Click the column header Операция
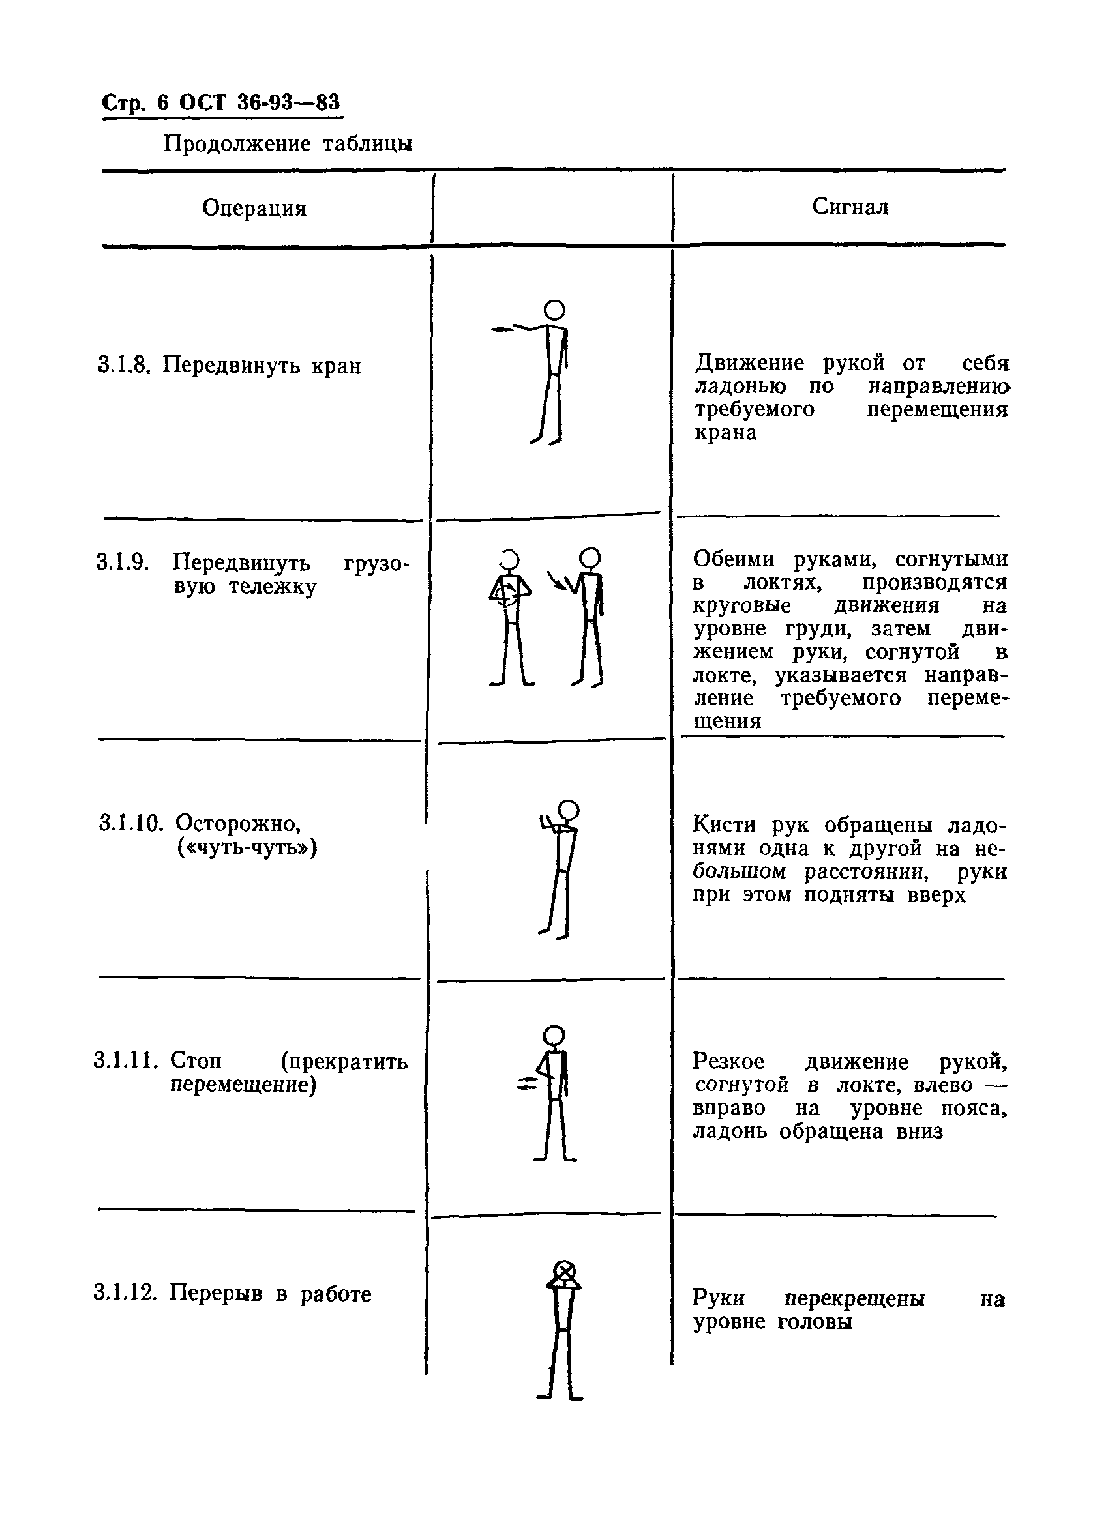pos(254,209)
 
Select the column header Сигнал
pos(850,207)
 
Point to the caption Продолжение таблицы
pos(288,143)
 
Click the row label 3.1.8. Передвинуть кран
pos(230,366)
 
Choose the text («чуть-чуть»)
pos(247,847)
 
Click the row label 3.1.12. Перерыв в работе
pos(232,1293)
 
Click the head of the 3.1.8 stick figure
pos(554,310)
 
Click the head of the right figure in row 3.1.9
pos(590,557)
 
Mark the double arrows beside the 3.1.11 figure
pos(528,1083)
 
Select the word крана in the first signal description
pos(726,433)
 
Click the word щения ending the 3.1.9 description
pos(727,722)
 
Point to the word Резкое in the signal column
pos(728,1061)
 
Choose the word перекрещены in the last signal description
pos(854,1299)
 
